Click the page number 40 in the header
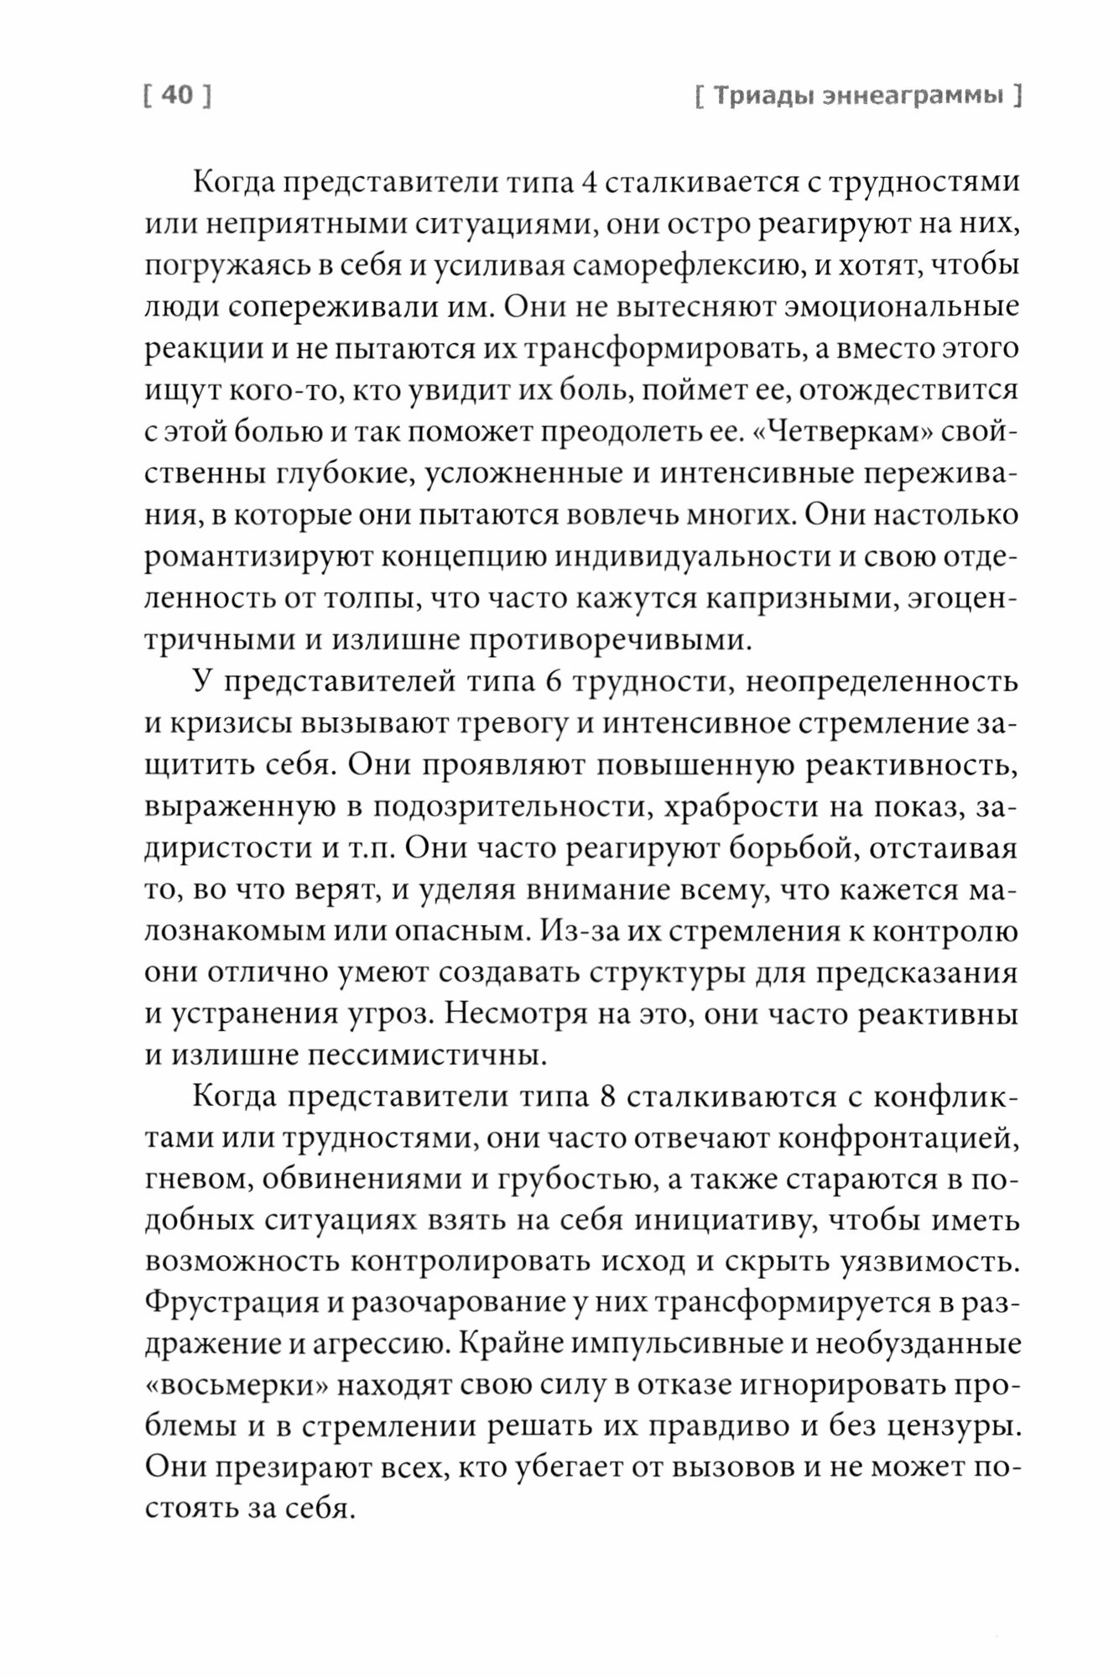click(176, 96)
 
